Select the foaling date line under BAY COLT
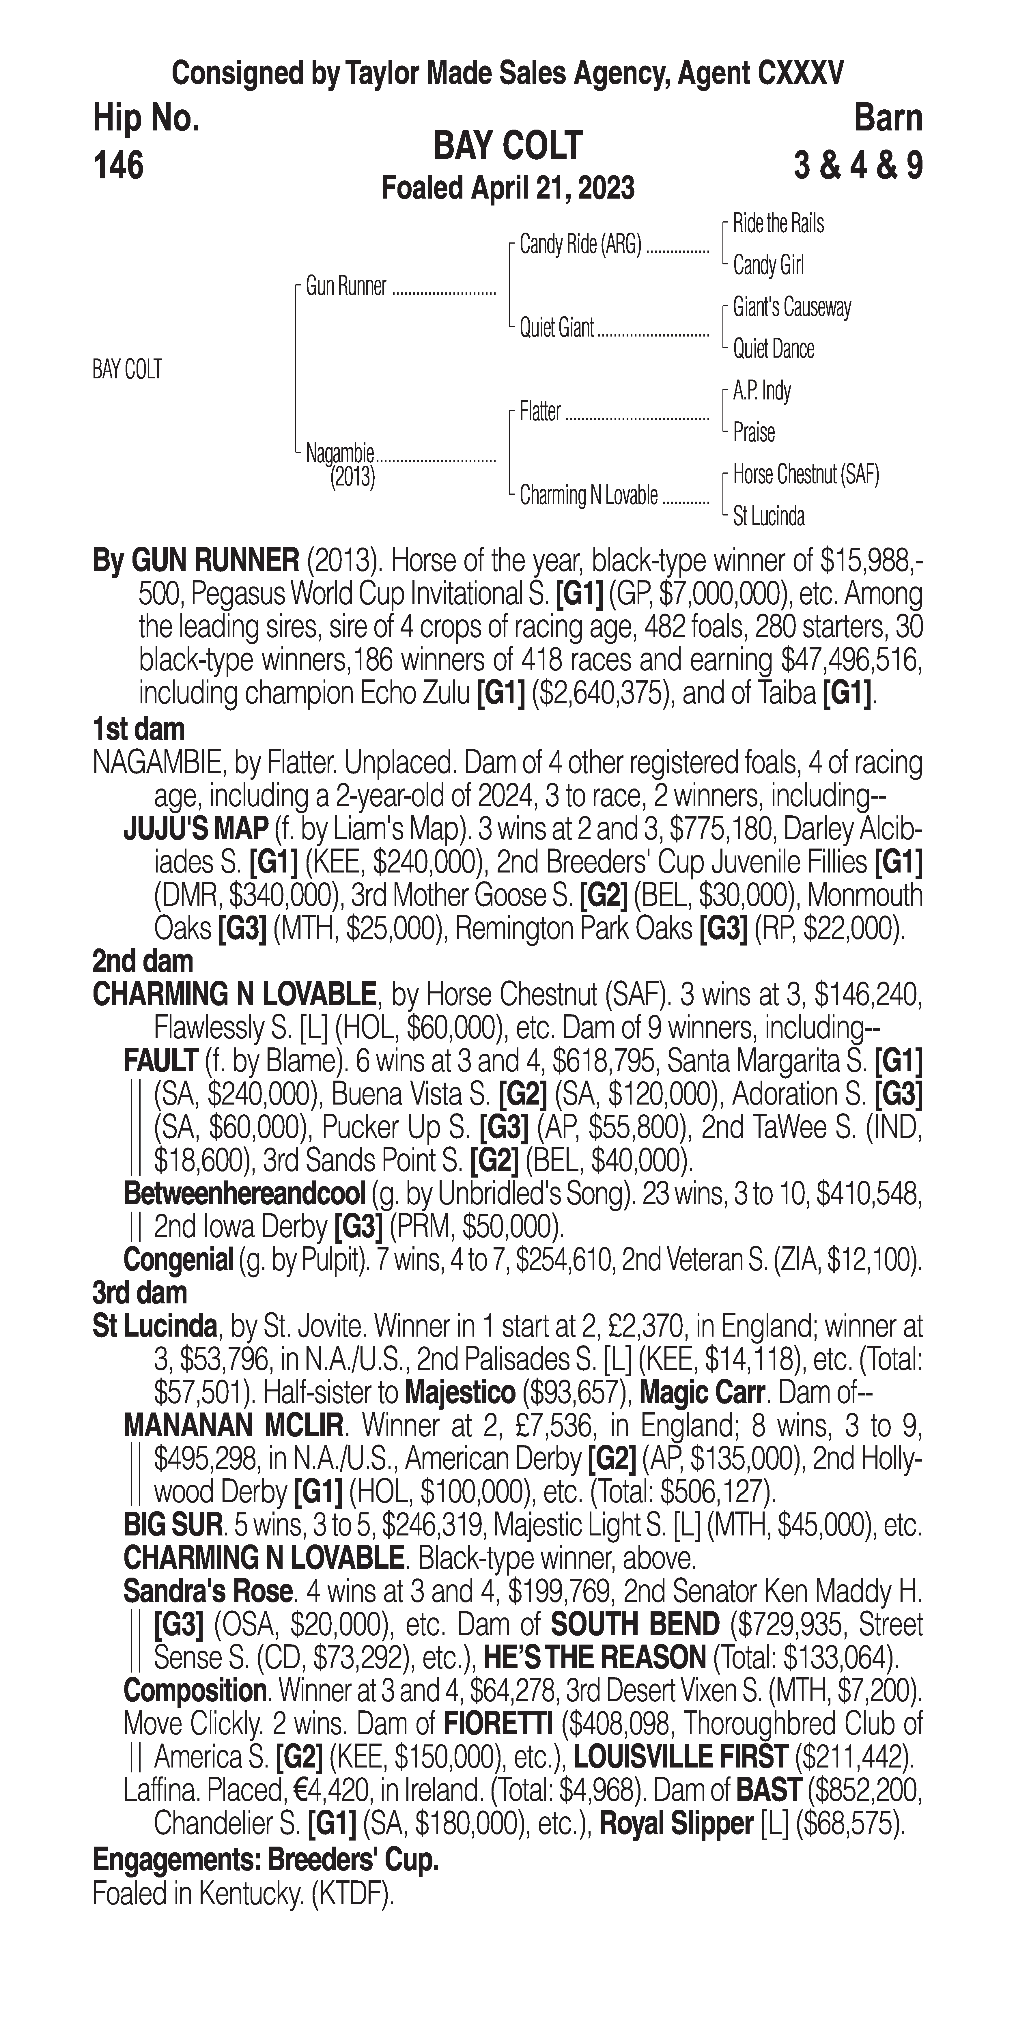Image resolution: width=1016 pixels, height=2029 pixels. point(508,188)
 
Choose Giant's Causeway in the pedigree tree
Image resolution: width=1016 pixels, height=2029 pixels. point(791,307)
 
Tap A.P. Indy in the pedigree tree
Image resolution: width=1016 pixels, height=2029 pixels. point(762,391)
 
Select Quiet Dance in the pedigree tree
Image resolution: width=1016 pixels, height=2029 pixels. point(774,349)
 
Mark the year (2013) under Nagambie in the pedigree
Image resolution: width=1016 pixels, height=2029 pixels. point(352,477)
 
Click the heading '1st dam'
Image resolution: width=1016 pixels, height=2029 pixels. point(139,729)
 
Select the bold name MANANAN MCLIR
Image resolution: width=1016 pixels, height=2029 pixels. point(233,1426)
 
